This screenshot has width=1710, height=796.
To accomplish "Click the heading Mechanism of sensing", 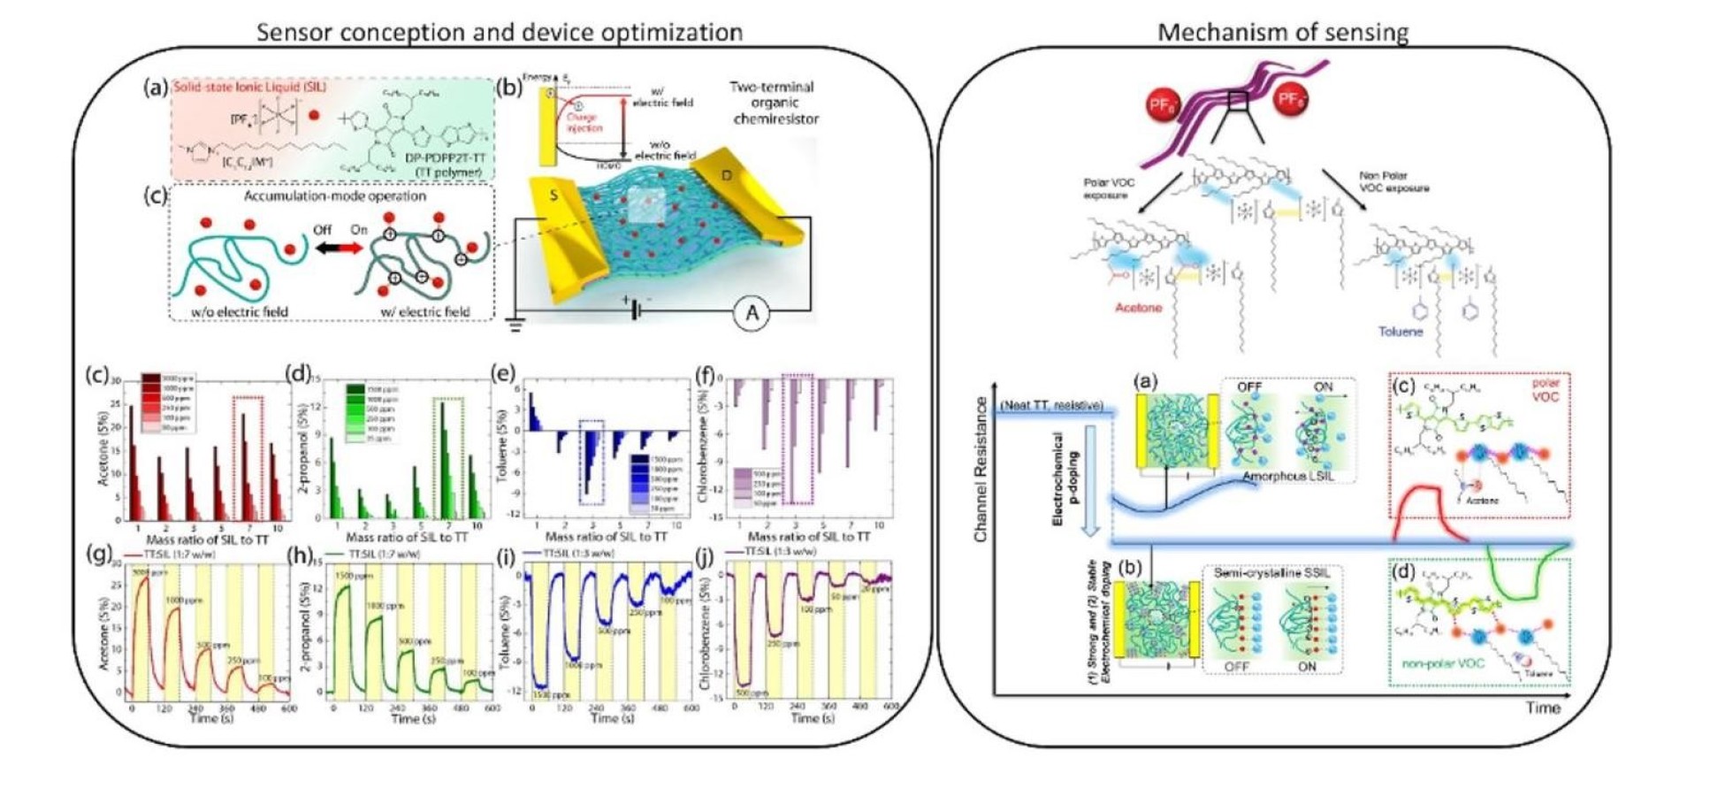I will pos(1282,33).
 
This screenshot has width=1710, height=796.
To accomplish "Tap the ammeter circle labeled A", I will pos(752,313).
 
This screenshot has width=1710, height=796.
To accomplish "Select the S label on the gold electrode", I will pos(554,195).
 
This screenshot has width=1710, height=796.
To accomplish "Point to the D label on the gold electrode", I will pos(727,175).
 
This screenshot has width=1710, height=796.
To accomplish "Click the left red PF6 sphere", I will pos(1160,105).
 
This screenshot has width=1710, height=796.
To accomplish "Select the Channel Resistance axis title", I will pos(980,469).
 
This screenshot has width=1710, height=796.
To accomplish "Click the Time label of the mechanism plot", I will pos(1542,708).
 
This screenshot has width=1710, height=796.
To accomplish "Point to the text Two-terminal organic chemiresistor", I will pos(771,103).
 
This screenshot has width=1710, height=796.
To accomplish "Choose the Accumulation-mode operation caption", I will pos(335,195).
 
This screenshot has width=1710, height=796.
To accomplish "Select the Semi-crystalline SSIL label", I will pos(1272,573).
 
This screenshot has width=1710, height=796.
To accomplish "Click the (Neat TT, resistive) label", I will pos(1052,406).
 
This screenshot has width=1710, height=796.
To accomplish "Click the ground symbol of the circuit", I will pos(515,325).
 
